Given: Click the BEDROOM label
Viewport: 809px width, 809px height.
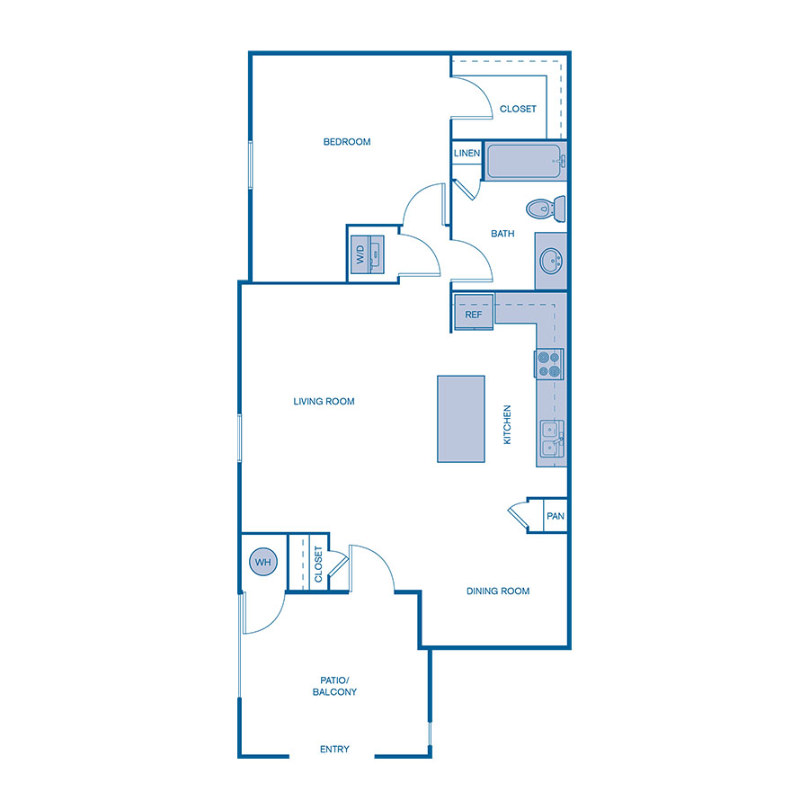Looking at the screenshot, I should point(347,142).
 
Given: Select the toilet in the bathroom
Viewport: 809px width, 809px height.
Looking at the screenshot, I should point(546,209).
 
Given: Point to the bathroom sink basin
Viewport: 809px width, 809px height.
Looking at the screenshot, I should point(549,262).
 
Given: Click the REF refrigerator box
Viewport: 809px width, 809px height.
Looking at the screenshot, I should point(474,314).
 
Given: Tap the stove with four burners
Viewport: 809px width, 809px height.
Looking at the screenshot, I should point(549,363).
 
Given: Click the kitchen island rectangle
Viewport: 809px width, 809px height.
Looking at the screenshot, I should point(461,419).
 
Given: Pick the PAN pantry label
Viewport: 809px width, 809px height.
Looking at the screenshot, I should point(556,516).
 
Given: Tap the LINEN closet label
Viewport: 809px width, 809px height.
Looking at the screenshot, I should point(467,154).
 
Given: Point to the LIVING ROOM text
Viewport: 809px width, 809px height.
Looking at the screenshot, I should point(324,402).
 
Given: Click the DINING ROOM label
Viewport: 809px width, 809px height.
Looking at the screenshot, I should point(498,591).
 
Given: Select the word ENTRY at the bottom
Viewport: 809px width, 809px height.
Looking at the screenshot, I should point(334,750).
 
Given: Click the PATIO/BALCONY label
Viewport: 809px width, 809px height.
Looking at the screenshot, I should point(334,686).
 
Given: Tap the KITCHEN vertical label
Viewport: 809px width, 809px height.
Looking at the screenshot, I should point(507,424).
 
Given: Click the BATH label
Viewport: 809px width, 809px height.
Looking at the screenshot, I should point(502,234).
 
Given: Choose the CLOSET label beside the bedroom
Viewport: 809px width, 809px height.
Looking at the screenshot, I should point(518,109).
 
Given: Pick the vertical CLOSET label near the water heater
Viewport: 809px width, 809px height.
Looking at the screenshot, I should point(318,564).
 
